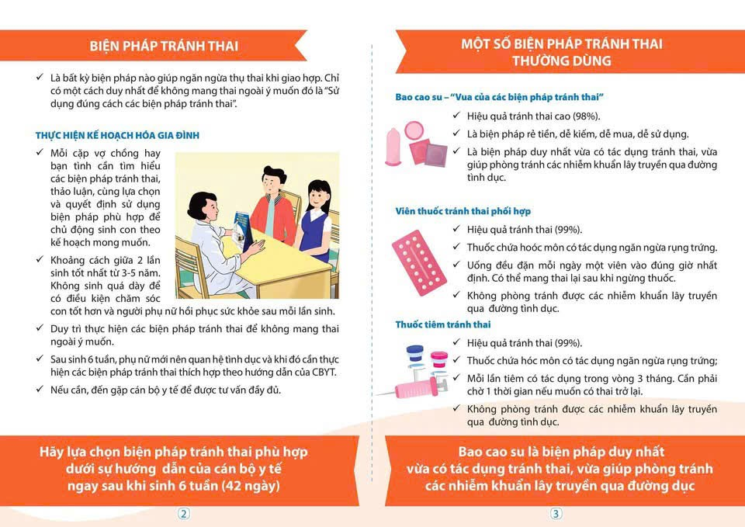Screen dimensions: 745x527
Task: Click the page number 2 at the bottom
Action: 183,514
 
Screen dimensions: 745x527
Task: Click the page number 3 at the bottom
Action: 556,514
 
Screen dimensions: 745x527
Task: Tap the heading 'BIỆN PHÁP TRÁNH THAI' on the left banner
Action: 164,46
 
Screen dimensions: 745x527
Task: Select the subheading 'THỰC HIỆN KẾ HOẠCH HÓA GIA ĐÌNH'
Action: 117,135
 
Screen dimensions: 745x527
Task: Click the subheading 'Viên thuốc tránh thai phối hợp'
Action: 463,211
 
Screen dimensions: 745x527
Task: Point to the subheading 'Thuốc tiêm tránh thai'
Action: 443,324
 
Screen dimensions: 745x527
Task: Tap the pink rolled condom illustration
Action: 393,147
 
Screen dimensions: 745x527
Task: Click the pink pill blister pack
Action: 418,263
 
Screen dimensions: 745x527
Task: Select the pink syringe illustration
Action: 411,390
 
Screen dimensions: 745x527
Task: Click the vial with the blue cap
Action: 414,359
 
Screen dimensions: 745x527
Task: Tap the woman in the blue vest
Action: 314,220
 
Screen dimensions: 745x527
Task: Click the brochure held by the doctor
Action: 242,231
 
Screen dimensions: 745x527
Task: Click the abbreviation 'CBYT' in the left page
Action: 324,372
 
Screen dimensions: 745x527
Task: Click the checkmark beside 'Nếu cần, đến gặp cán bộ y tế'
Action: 40,389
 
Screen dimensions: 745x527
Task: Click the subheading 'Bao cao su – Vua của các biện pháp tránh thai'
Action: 499,97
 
